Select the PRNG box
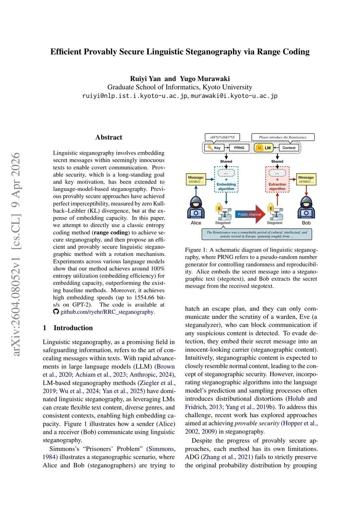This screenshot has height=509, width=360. click(239, 148)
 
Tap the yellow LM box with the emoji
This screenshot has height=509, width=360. click(264, 148)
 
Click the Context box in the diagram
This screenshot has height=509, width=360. click(289, 148)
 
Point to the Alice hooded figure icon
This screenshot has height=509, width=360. click(196, 208)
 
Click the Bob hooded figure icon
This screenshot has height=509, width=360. click(306, 208)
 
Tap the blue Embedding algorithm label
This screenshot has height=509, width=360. click(226, 186)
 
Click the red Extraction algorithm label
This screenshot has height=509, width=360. click(277, 186)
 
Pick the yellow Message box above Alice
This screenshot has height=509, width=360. click(196, 179)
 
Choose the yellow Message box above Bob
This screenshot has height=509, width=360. click(306, 179)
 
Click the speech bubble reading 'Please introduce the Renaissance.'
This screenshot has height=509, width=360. click(283, 137)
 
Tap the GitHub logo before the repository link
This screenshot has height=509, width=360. click(56, 312)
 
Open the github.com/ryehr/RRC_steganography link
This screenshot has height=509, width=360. click(107, 312)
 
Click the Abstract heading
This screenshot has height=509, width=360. click(109, 137)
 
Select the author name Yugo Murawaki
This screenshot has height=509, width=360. click(205, 79)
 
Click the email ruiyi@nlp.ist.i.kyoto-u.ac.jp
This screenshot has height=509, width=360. click(135, 96)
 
